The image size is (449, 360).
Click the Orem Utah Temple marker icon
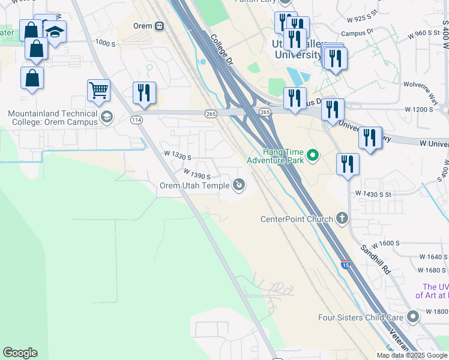pos(239,185)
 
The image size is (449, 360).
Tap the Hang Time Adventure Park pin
pos(312,156)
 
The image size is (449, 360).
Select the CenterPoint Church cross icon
pos(342,218)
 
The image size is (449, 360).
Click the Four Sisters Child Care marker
pos(412,316)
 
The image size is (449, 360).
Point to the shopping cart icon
pos(98,91)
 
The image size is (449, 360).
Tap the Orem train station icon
pos(159,26)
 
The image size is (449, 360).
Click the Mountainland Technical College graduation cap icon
pos(107,116)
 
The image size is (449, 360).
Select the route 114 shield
pos(137,120)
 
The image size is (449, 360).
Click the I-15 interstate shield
pos(345,265)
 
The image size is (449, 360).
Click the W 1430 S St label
pos(373,194)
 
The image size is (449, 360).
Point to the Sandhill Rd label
pos(376,259)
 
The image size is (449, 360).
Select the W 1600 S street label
pos(386,243)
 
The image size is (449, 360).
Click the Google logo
pos(20,353)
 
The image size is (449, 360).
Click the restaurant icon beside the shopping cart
pos(144,93)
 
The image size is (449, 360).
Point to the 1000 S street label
pos(104,43)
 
